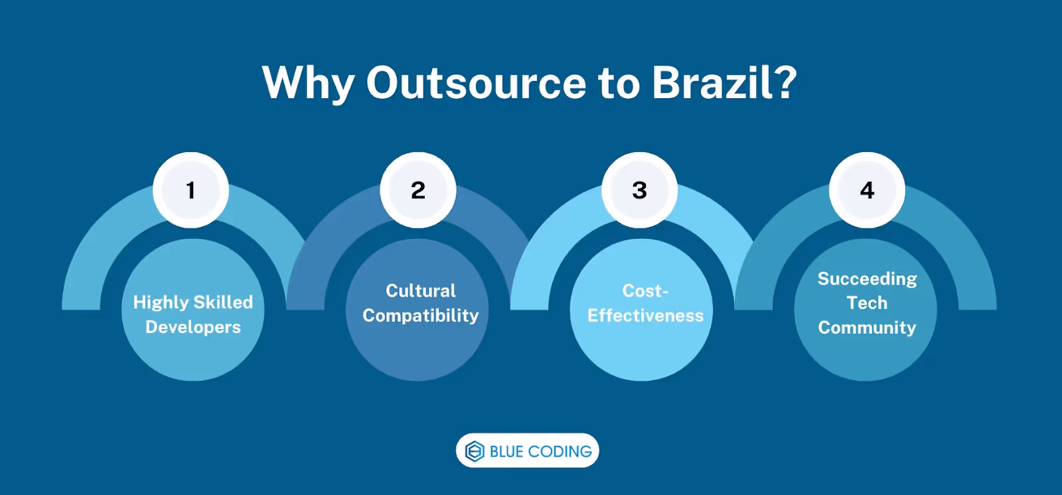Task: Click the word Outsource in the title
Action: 475,83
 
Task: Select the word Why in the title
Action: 308,84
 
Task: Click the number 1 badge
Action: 191,190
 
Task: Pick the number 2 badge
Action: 418,190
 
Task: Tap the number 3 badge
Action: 640,190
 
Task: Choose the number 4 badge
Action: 867,190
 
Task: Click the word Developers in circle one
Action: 193,327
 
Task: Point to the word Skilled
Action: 222,303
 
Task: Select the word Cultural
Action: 421,291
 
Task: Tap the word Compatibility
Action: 421,315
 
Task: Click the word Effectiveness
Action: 645,315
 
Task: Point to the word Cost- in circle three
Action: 645,291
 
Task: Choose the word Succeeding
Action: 867,279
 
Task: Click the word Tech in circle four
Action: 867,303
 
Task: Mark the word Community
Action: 867,327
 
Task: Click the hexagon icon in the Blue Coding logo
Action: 475,451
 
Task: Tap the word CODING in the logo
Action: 560,451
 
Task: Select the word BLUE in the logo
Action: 506,451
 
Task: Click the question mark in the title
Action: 786,83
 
